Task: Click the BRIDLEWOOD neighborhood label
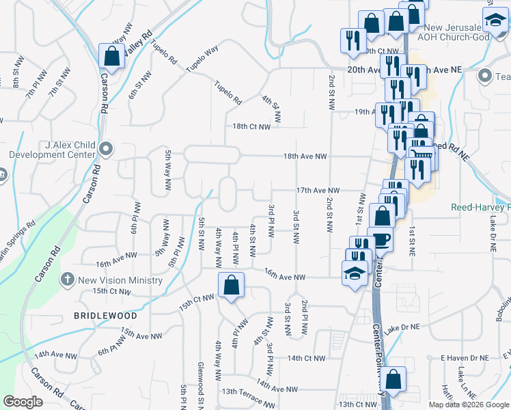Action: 106,316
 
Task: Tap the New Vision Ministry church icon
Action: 67,279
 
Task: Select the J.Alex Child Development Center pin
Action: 105,148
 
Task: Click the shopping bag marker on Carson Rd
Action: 110,56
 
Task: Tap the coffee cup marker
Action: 381,241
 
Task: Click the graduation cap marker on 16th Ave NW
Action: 355,273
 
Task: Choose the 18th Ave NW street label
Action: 305,156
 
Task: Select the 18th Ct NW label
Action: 251,126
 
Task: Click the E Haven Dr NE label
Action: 465,358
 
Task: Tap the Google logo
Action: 23,401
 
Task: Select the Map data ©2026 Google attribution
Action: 469,405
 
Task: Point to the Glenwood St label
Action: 201,381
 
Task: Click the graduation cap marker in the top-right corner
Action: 494,20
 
